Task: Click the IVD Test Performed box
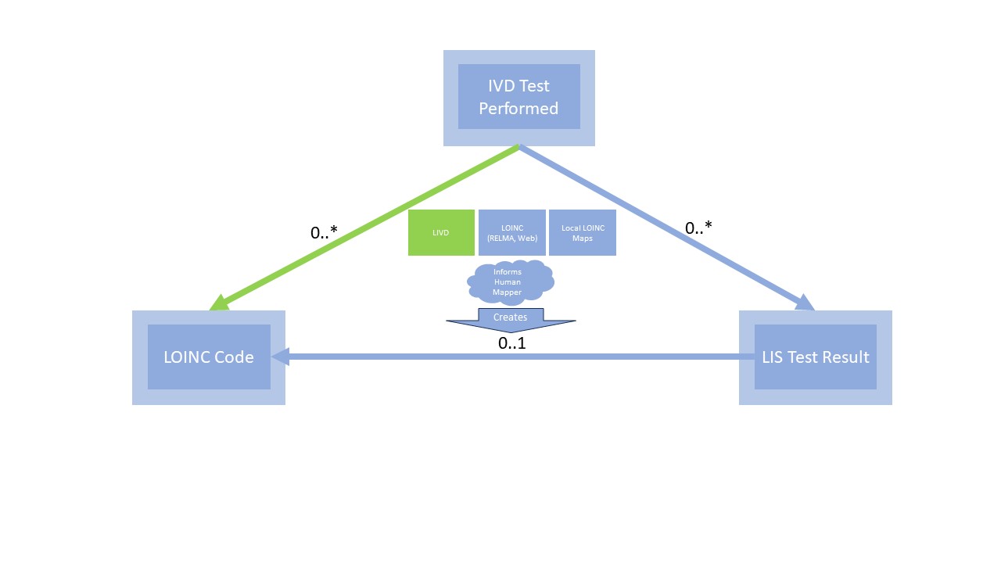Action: point(518,98)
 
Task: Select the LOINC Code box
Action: point(208,357)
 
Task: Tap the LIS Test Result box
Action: point(815,357)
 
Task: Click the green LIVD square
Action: point(441,232)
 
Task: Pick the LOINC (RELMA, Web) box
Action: point(511,232)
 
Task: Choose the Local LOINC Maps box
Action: point(583,232)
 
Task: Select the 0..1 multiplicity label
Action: point(512,342)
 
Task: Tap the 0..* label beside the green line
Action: point(324,232)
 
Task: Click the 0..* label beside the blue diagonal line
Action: point(698,228)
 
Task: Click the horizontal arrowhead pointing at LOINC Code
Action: point(280,357)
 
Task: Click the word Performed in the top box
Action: point(518,109)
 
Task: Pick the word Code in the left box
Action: point(235,357)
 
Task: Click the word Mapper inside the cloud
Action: point(507,292)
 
